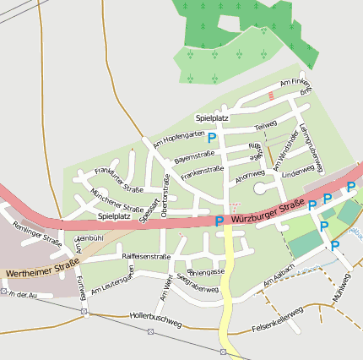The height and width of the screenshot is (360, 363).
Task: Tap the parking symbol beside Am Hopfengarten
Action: [212, 138]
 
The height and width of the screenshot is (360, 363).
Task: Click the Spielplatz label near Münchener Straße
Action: [114, 216]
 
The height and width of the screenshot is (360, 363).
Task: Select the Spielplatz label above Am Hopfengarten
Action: [212, 117]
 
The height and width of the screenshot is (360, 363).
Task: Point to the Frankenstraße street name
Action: [202, 172]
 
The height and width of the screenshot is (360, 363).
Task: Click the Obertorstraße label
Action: [165, 191]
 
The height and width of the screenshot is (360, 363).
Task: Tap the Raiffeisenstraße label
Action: [147, 255]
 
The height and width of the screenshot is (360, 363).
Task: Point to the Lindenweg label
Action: [297, 172]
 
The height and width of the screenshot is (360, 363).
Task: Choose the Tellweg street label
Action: [265, 127]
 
